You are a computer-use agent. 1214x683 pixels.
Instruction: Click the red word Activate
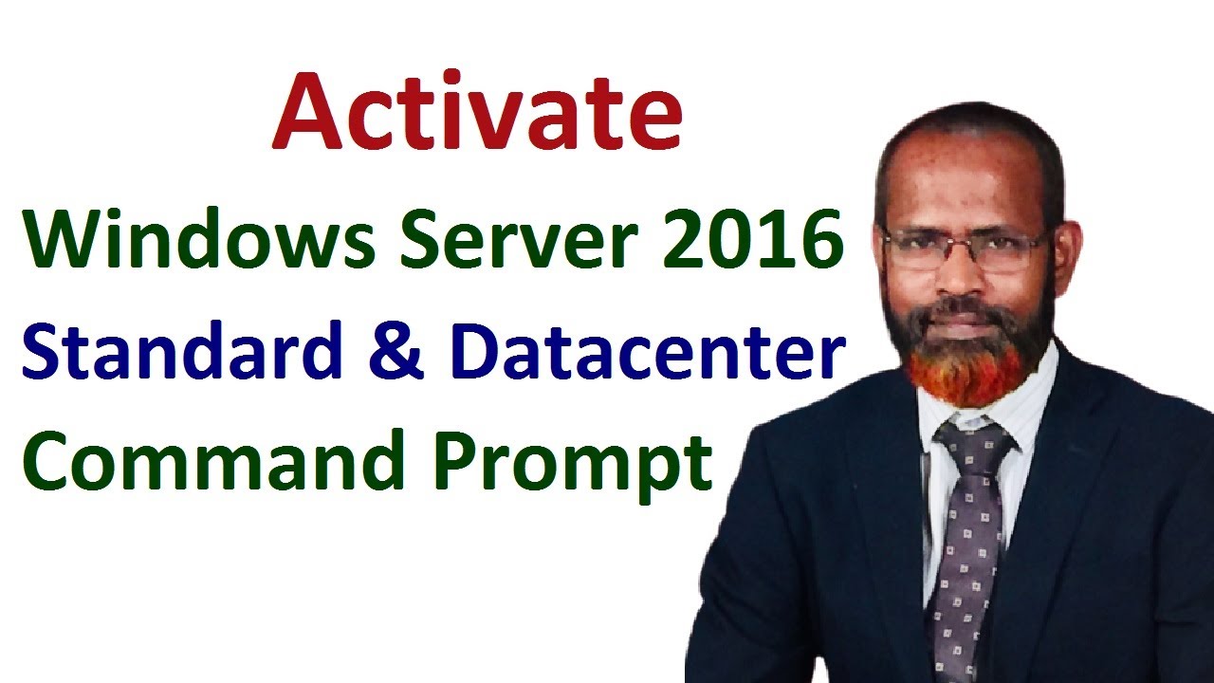click(477, 111)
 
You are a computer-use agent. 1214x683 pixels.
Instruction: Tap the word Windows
click(199, 238)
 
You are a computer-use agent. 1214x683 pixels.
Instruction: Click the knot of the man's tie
click(974, 440)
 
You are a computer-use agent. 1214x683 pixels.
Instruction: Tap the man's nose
click(961, 276)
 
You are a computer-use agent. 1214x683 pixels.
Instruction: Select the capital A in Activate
click(308, 112)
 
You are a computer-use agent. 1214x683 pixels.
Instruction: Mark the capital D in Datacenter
click(478, 351)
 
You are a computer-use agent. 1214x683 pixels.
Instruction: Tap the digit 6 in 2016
click(822, 239)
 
